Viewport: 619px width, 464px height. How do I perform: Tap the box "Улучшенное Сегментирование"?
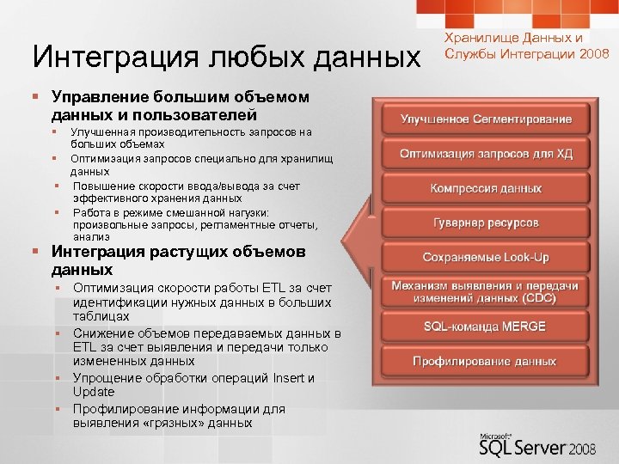click(486, 119)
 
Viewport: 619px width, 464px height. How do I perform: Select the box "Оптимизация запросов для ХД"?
click(486, 154)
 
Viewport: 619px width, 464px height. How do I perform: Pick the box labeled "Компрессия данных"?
click(486, 188)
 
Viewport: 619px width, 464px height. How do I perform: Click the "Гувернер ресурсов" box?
click(486, 223)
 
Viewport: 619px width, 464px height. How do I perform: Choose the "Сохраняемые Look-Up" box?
click(486, 258)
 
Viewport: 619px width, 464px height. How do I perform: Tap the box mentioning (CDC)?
click(486, 291)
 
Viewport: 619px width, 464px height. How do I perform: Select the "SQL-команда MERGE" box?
click(486, 327)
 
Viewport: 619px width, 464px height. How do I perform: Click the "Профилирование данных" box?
click(486, 361)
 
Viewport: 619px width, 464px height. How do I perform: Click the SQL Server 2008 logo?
click(533, 444)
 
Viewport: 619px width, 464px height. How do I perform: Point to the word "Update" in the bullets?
click(94, 392)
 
